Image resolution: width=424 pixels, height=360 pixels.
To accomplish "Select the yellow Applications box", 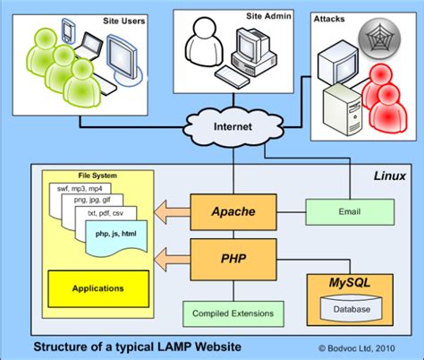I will coord(99,289).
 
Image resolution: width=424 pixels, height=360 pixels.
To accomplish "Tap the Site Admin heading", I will coord(267,16).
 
